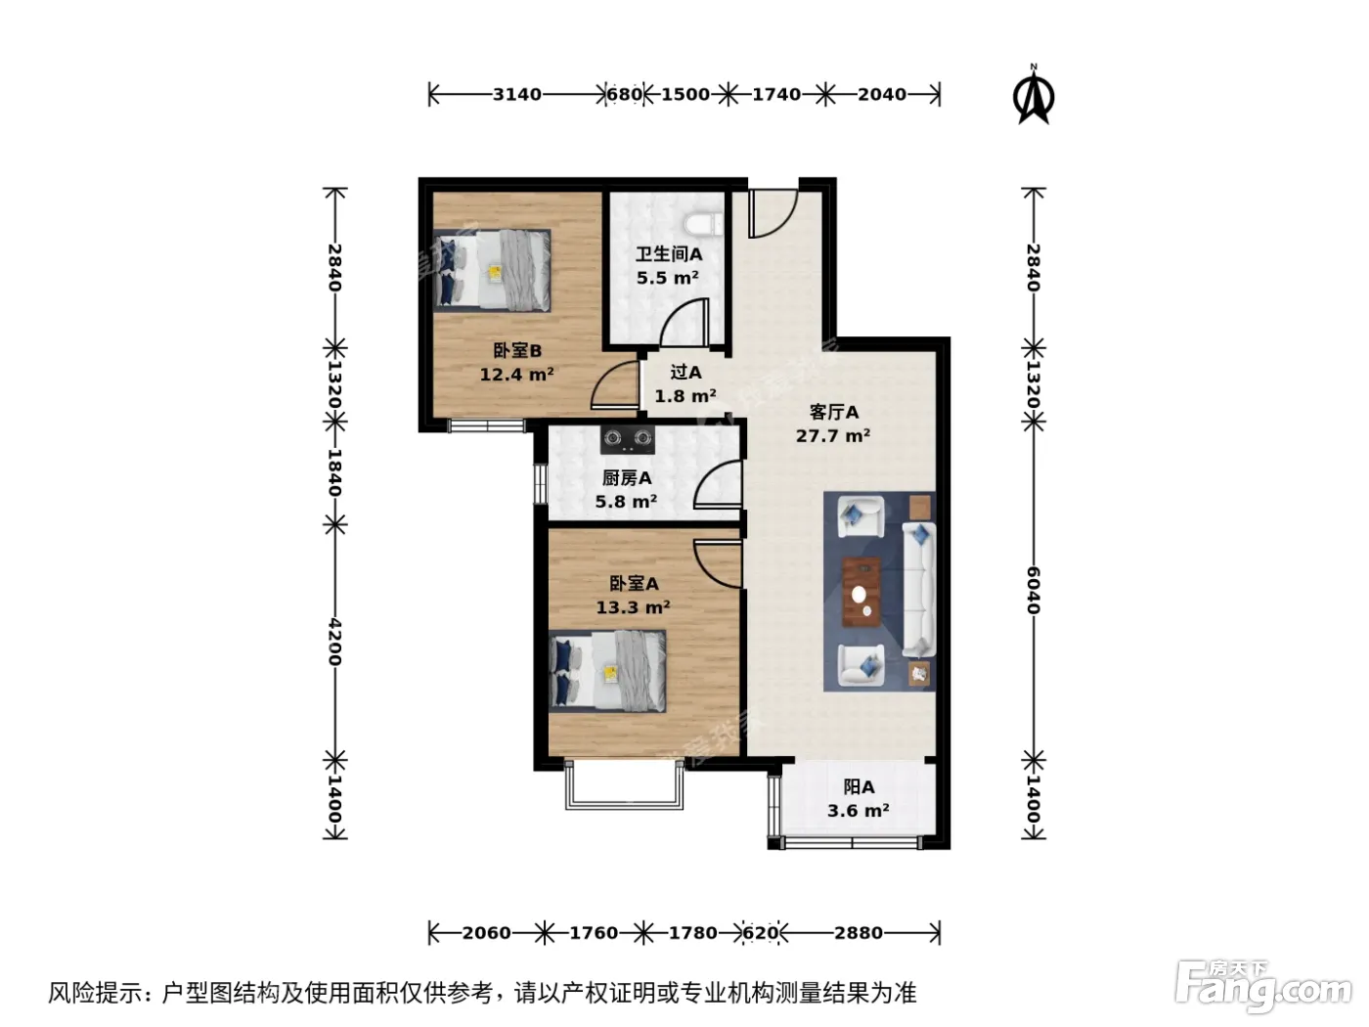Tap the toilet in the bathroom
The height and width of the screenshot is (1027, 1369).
pyautogui.click(x=703, y=225)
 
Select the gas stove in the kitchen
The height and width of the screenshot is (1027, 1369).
pyautogui.click(x=628, y=439)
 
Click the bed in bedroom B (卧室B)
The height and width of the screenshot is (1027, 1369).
pyautogui.click(x=492, y=270)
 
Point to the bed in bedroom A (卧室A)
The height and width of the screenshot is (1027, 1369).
pyautogui.click(x=607, y=671)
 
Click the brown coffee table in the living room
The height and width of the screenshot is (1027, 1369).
pyautogui.click(x=861, y=592)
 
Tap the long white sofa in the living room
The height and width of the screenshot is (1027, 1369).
pyautogui.click(x=918, y=589)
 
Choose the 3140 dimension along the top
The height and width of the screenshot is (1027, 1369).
pyautogui.click(x=517, y=95)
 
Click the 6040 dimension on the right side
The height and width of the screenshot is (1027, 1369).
pyautogui.click(x=1034, y=590)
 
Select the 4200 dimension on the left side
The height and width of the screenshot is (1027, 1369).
pyautogui.click(x=335, y=642)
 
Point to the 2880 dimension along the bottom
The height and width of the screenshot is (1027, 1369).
pyautogui.click(x=859, y=933)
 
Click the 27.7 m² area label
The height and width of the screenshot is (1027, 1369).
pyautogui.click(x=832, y=436)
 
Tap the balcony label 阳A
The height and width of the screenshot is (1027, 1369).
pyautogui.click(x=859, y=787)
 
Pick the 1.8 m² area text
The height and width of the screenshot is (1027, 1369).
pyautogui.click(x=684, y=396)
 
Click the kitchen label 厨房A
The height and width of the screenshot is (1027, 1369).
pyautogui.click(x=627, y=478)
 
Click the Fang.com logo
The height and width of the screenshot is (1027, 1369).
pyautogui.click(x=1263, y=986)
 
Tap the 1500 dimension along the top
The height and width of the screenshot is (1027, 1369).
pyautogui.click(x=685, y=95)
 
